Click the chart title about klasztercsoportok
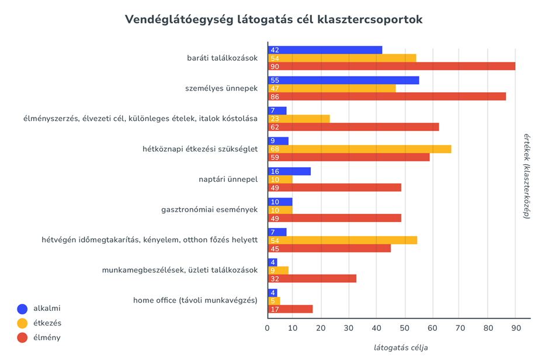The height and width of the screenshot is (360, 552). tap(273, 19)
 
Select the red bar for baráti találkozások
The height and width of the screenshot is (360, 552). tap(391, 66)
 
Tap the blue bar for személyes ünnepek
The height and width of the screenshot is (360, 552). tap(343, 80)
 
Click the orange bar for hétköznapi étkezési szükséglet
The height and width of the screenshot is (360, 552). tap(359, 149)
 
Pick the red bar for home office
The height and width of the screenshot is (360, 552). tap(290, 309)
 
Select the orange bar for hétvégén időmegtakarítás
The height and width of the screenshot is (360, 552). tap(342, 240)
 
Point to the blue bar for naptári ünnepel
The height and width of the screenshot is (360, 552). tap(289, 171)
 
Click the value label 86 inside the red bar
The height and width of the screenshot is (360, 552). tap(275, 96)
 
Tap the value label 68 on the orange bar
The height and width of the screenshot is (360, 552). tap(275, 149)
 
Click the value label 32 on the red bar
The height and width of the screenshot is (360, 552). tap(275, 279)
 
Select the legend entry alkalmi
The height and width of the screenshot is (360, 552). tap(47, 308)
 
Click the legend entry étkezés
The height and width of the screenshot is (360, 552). tap(47, 323)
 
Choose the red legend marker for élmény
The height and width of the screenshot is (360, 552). tap(23, 337)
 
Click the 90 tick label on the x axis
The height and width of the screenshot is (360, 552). tap(515, 328)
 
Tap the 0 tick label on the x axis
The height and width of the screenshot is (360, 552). tap(268, 328)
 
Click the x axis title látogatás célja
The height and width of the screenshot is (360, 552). tap(401, 347)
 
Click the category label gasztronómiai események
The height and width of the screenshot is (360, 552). tap(209, 210)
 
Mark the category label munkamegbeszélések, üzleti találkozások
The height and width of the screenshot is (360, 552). tap(179, 270)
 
